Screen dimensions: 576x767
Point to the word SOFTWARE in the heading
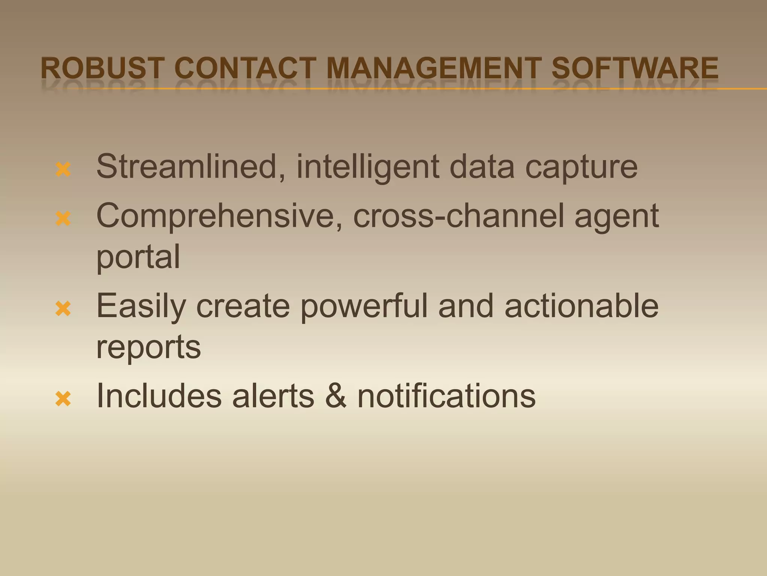tap(635, 68)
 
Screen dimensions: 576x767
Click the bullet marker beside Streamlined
tap(63, 169)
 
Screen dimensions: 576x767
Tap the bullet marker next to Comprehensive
tap(63, 219)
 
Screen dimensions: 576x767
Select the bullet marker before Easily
tap(63, 309)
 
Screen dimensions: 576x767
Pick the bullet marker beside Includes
tap(63, 399)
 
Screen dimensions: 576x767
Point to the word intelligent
tap(368, 166)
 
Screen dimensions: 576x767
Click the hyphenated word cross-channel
tap(458, 216)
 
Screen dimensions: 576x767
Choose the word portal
tap(138, 257)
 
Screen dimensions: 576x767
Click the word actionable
tap(581, 306)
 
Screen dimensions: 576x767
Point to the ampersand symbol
tap(336, 396)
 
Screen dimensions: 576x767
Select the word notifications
tap(446, 396)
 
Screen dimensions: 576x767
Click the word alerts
tap(273, 396)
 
